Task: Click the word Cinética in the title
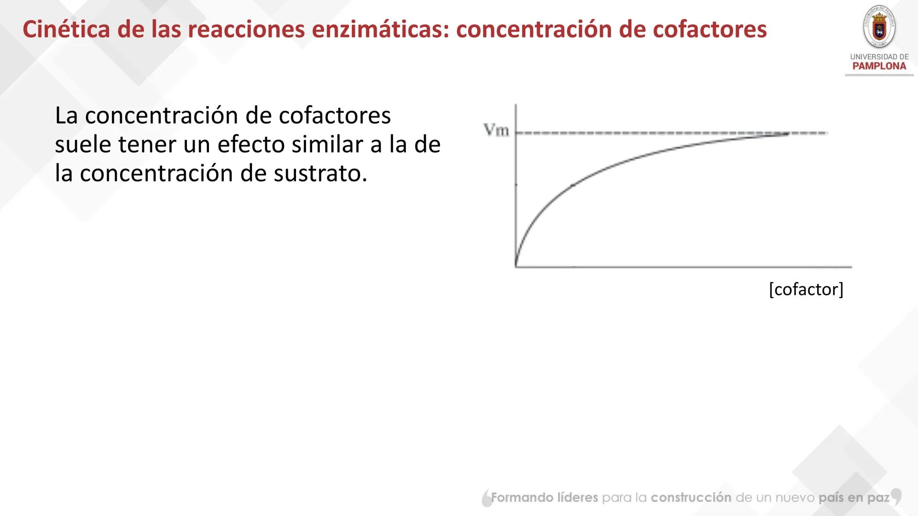pyautogui.click(x=66, y=30)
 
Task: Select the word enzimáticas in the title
pyautogui.click(x=380, y=30)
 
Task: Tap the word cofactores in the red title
pyautogui.click(x=710, y=30)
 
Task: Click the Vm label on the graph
pyautogui.click(x=496, y=130)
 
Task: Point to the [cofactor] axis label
pyautogui.click(x=806, y=290)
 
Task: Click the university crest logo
pyautogui.click(x=879, y=27)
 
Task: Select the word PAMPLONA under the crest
pyautogui.click(x=879, y=66)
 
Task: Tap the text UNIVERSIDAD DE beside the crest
pyautogui.click(x=879, y=57)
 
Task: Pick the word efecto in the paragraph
pyautogui.click(x=251, y=145)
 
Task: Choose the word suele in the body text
pyautogui.click(x=83, y=145)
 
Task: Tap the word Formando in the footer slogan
pyautogui.click(x=520, y=498)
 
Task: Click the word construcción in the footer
pyautogui.click(x=691, y=498)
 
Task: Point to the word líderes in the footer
pyautogui.click(x=578, y=498)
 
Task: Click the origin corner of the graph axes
pyautogui.click(x=516, y=267)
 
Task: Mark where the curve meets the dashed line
pyautogui.click(x=787, y=134)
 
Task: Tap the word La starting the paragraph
pyautogui.click(x=66, y=116)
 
